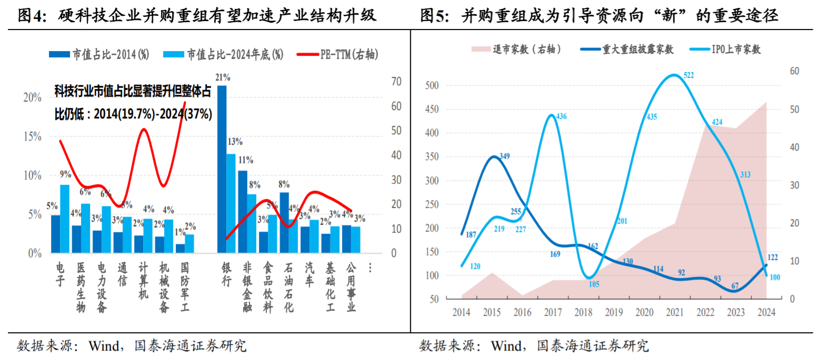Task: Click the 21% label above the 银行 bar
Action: [223, 77]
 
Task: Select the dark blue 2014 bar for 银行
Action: [222, 168]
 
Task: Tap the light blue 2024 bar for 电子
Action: [65, 218]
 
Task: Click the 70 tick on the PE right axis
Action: [396, 82]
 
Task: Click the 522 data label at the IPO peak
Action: [688, 75]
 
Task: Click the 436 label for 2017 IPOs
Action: [561, 116]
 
